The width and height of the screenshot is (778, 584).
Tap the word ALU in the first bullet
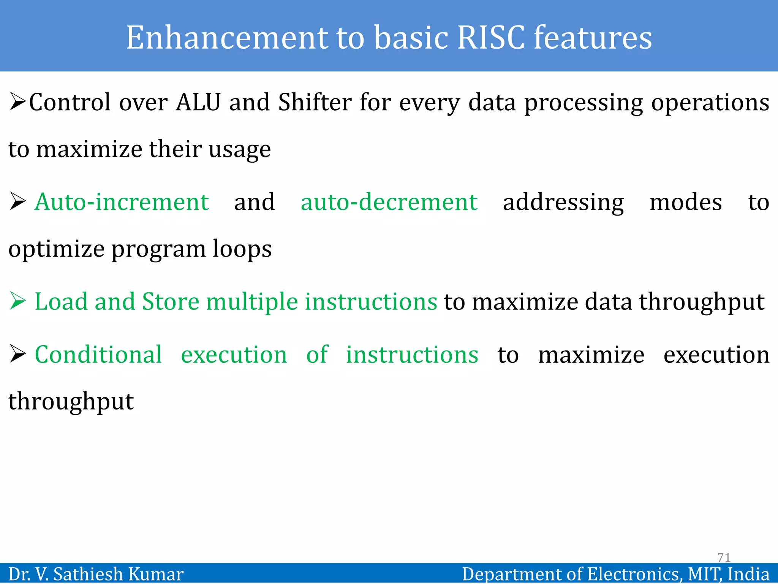(x=198, y=102)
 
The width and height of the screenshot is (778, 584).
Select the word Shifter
(x=315, y=102)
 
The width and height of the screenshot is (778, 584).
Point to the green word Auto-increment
(x=122, y=202)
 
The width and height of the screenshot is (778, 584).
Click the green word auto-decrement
(x=389, y=202)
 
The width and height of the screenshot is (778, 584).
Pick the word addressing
(x=563, y=203)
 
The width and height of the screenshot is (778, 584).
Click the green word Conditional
(x=98, y=355)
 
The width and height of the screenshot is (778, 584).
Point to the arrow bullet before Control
(x=17, y=102)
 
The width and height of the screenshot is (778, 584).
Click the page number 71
(x=724, y=557)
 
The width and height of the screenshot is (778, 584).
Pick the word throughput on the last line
(x=71, y=402)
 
